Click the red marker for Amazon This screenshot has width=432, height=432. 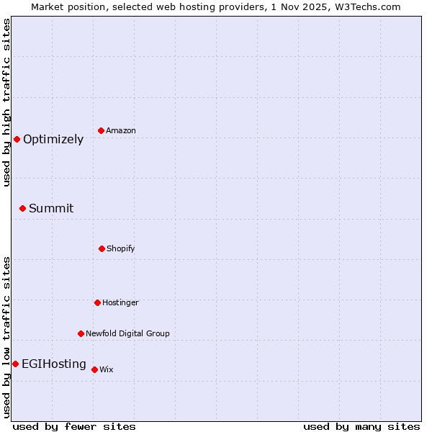(101, 130)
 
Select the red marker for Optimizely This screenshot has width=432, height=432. (17, 139)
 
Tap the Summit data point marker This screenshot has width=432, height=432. (22, 208)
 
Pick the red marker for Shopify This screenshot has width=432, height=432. (102, 248)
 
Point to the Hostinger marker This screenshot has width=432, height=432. (97, 302)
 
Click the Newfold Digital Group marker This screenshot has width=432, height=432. (81, 333)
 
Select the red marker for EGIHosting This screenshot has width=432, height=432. (15, 364)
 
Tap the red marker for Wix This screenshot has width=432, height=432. (94, 369)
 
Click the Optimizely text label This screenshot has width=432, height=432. (53, 140)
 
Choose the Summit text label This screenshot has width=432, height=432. (51, 209)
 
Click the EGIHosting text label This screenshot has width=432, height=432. (54, 364)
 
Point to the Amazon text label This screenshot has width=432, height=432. (121, 131)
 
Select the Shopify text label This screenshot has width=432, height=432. (121, 249)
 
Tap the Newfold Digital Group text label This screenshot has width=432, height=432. (127, 334)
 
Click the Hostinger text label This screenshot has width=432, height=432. (120, 303)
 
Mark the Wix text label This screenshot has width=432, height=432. (107, 370)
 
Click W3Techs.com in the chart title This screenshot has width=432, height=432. (371, 6)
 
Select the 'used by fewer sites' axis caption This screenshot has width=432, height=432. (74, 426)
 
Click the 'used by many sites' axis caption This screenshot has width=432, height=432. (361, 426)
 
